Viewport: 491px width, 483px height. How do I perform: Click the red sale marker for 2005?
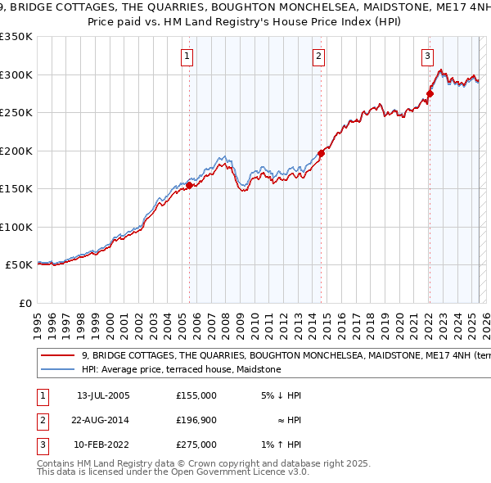[189, 185]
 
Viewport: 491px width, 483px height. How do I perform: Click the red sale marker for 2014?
[322, 152]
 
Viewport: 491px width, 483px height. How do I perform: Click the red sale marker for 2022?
[430, 93]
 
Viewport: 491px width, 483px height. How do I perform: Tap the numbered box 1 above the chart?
[187, 56]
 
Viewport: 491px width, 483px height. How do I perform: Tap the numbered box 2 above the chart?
[318, 56]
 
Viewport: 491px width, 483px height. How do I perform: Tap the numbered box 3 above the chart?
[427, 56]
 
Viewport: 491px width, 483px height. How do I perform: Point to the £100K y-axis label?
[17, 227]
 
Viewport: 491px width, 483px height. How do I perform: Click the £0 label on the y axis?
[25, 304]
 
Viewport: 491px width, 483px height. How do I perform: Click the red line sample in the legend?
[57, 356]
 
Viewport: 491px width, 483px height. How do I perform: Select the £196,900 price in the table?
[196, 420]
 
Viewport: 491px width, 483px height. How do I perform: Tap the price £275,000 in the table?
[196, 445]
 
